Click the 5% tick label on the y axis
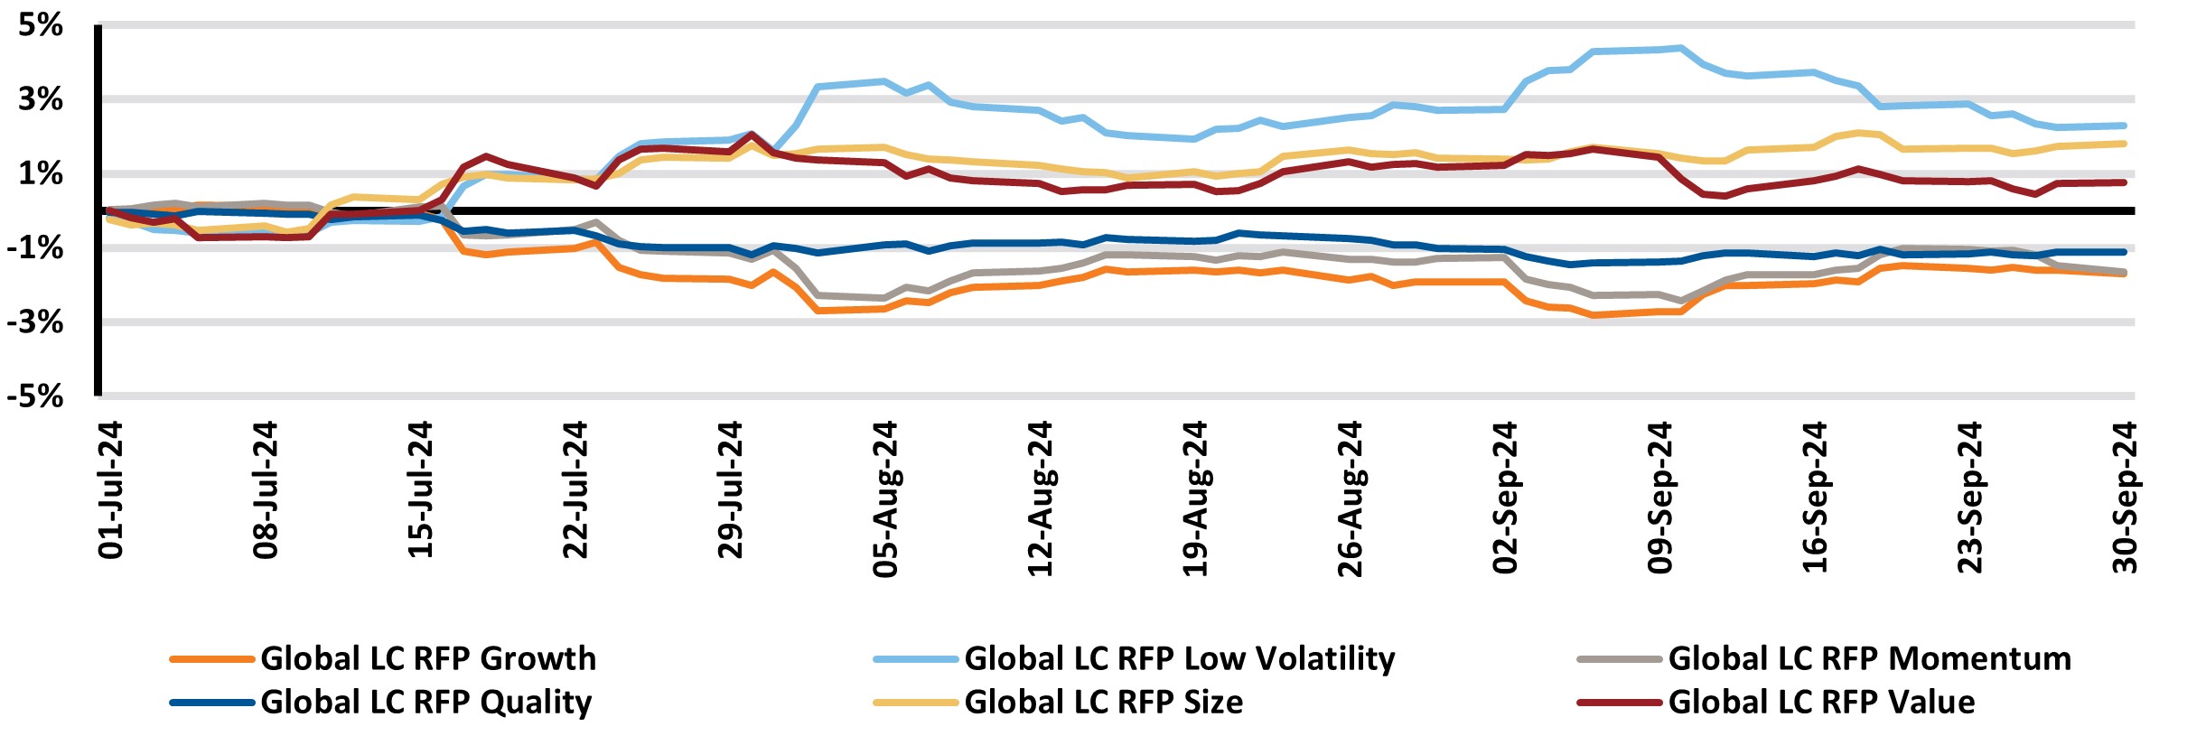click(41, 25)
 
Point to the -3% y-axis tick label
click(34, 322)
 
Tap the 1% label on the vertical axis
click(41, 173)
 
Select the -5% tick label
click(34, 396)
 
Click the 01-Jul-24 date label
click(110, 489)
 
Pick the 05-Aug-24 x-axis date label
click(885, 498)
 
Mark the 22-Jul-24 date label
click(575, 489)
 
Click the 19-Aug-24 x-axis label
click(1195, 498)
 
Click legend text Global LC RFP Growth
click(428, 658)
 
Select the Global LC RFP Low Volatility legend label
click(1179, 658)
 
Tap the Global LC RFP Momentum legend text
click(1869, 658)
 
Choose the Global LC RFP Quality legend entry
click(425, 702)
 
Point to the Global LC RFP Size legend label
click(1103, 702)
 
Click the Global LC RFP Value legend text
click(1820, 702)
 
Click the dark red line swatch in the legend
click(1619, 702)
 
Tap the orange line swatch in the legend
click(211, 659)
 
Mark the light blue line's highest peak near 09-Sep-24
click(1680, 48)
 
